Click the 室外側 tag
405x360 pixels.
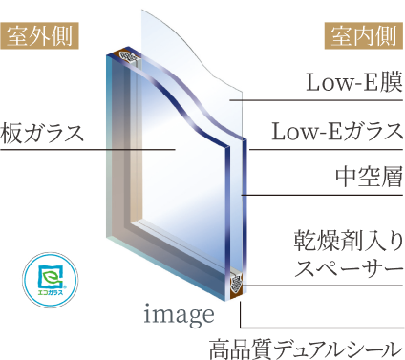41,35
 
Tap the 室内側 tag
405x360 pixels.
363,35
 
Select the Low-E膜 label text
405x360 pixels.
350,83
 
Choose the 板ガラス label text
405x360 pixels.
42,130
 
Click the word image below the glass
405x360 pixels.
178,312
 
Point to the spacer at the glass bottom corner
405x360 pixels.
235,284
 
